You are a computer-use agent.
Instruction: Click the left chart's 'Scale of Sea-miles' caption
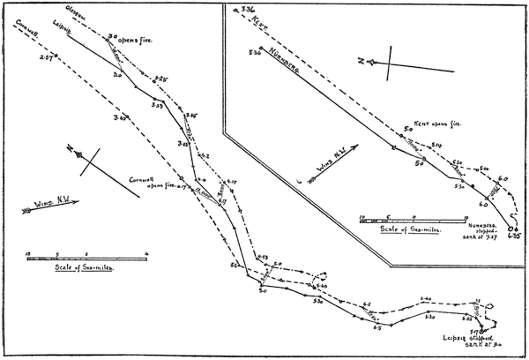pos(79,268)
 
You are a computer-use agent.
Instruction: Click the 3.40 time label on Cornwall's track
pos(121,117)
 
